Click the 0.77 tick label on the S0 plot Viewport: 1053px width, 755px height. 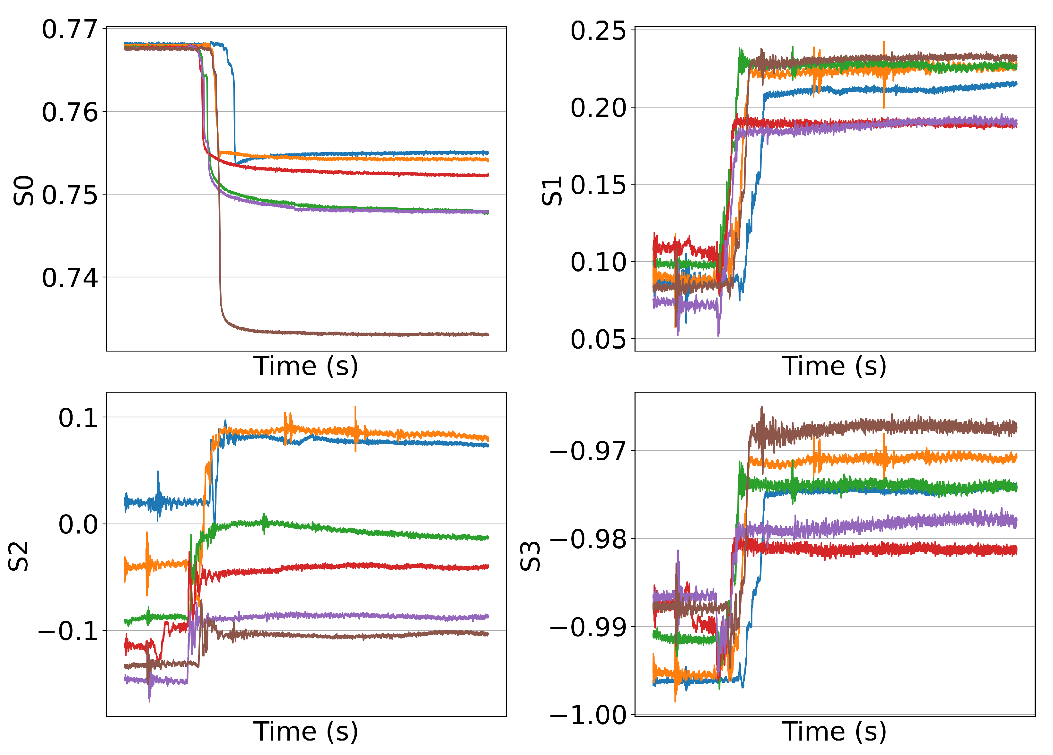[x=70, y=30]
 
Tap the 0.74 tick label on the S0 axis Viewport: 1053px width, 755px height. [x=70, y=278]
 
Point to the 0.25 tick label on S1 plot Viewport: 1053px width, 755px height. [x=598, y=31]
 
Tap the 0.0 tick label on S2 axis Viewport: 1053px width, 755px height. [x=78, y=525]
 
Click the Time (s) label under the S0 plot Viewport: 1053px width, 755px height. [x=305, y=367]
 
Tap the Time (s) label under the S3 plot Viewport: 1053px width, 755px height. [x=834, y=732]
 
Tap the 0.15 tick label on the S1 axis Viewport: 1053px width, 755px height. [x=598, y=186]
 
